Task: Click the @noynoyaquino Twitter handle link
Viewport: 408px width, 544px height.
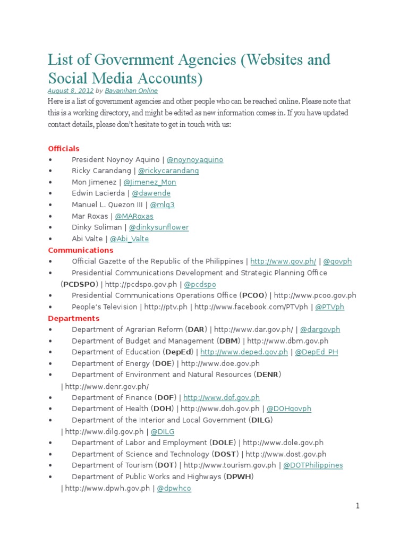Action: click(195, 160)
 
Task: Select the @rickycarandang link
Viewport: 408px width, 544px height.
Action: click(168, 171)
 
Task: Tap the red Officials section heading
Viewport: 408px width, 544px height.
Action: click(64, 149)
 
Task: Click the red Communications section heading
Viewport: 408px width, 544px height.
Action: click(81, 250)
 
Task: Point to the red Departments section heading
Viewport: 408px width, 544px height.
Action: click(74, 318)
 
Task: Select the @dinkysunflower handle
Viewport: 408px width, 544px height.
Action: click(159, 227)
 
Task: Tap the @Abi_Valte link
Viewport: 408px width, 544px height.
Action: click(129, 239)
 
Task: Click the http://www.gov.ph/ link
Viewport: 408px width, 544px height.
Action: click(283, 261)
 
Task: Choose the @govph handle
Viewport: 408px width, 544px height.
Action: click(337, 261)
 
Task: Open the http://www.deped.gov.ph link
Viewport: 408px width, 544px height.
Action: click(244, 352)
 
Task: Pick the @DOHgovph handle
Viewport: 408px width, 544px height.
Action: click(288, 409)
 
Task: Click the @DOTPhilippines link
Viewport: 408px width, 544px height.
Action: click(313, 465)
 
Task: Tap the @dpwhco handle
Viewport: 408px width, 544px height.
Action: click(173, 488)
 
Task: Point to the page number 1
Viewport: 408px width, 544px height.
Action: click(358, 506)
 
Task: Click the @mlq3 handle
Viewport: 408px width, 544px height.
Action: click(162, 205)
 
